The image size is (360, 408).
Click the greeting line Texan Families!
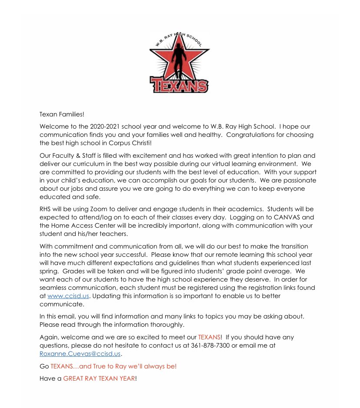point(61,114)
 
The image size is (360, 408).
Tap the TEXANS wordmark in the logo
point(179,84)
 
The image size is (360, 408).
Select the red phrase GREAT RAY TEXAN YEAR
point(99,378)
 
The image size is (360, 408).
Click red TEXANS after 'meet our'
point(210,338)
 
